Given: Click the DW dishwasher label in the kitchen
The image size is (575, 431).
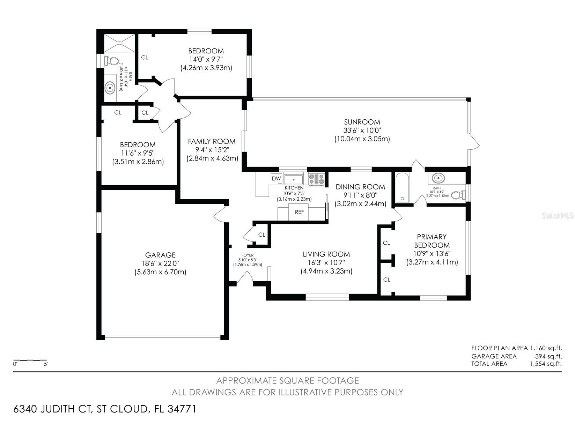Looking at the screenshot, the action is click(x=276, y=179).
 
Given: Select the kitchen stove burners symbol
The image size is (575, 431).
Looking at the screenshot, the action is click(x=316, y=179).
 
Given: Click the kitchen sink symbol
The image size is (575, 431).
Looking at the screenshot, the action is click(x=294, y=179).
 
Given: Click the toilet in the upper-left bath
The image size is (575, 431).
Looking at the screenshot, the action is click(x=111, y=61).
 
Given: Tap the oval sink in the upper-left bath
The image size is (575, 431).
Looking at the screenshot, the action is click(x=110, y=88).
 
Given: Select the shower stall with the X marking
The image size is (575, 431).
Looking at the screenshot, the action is click(x=119, y=43).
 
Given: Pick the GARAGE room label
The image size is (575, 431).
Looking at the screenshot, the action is click(x=160, y=255).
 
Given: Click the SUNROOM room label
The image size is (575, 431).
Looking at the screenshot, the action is click(x=362, y=122).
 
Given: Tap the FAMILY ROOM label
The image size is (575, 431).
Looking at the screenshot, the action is click(x=212, y=141).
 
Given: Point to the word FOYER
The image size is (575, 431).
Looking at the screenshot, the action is click(x=247, y=255).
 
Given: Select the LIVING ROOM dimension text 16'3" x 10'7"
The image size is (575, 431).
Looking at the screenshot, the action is click(x=326, y=262).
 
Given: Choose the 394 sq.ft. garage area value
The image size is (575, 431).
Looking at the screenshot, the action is click(x=548, y=356).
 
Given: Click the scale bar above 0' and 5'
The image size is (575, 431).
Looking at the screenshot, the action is click(x=30, y=361).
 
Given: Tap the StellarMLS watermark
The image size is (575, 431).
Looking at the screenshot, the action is click(x=558, y=216).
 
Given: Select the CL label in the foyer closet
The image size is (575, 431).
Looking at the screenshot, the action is click(x=261, y=235).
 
